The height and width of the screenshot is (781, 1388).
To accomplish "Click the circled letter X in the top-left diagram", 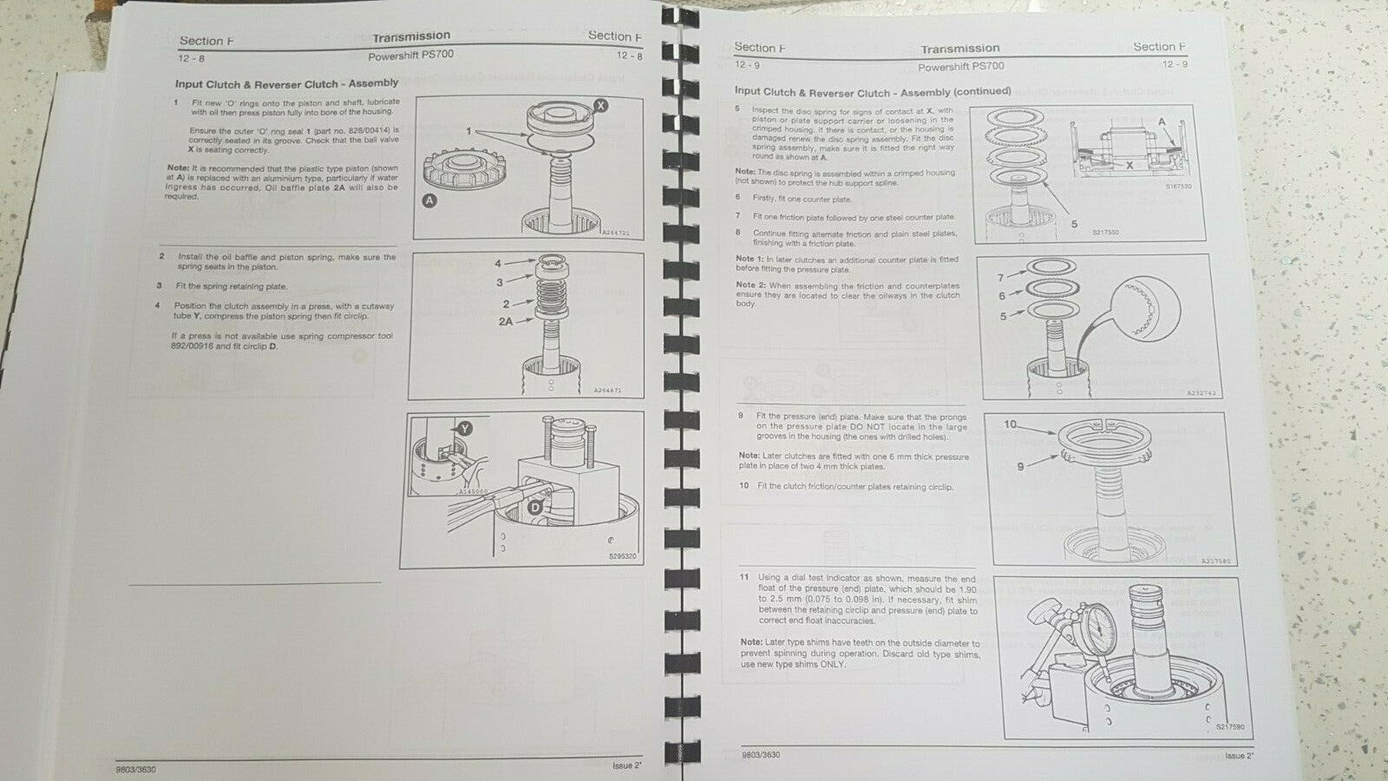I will [601, 104].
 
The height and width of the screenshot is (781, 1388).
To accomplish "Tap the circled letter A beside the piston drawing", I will [429, 200].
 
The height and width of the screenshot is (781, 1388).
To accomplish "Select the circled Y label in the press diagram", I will [465, 428].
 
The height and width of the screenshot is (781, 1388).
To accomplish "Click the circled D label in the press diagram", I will [535, 507].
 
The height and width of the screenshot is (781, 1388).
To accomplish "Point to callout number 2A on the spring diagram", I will [506, 321].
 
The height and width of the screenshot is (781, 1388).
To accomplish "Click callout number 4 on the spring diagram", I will [498, 263].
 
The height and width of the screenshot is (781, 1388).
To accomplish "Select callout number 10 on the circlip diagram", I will [1010, 424].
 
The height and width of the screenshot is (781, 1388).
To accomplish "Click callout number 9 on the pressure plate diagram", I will [1020, 466].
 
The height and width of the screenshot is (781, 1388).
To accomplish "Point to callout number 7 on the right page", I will [1000, 278].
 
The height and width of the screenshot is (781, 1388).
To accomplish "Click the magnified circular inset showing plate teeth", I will [1138, 315].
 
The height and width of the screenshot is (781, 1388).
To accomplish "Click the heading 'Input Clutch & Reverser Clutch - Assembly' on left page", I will [286, 83].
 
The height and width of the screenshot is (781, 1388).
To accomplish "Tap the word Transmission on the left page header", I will [411, 36].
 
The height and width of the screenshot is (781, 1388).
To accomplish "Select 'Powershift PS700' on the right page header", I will [960, 66].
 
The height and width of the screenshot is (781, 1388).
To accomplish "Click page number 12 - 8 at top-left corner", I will [192, 57].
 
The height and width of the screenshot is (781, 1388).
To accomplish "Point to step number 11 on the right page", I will [743, 578].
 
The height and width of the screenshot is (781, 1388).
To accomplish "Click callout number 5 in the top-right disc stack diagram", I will [1074, 224].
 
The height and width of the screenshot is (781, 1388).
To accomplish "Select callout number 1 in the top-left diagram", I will [468, 131].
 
